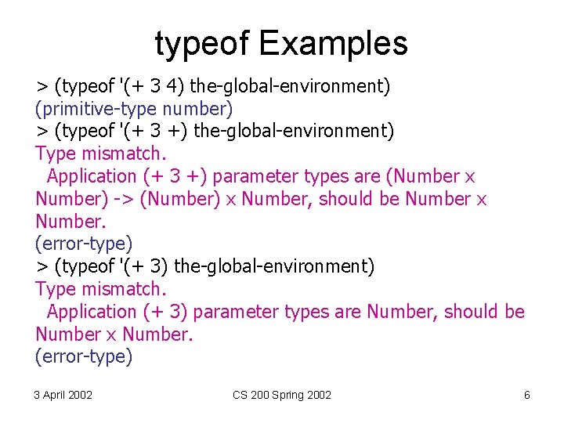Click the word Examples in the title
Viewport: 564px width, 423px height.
(x=333, y=44)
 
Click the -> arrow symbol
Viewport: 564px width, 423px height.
(x=125, y=199)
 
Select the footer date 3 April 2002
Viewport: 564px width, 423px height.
(x=63, y=395)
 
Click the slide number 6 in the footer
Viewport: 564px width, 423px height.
(x=526, y=395)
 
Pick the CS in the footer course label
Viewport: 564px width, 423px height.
(x=240, y=395)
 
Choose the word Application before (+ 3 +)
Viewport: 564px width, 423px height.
(x=92, y=177)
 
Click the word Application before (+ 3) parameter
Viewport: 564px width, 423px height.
(x=92, y=312)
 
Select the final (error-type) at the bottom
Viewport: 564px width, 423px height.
(x=84, y=357)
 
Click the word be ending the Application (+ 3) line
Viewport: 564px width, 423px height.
(x=515, y=312)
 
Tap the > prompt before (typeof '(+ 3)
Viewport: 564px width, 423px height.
(x=41, y=266)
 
